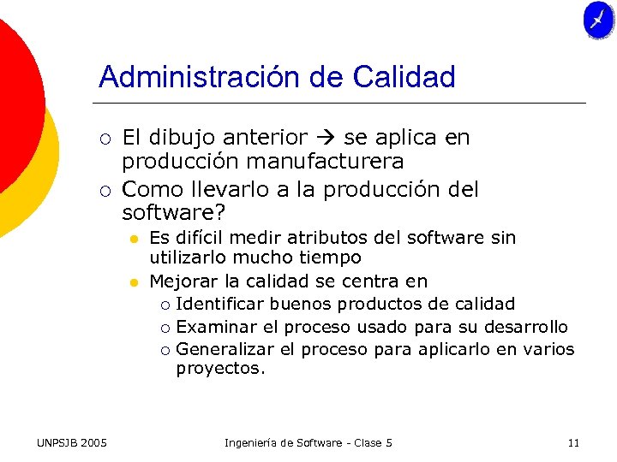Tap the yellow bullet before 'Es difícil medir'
click(135, 238)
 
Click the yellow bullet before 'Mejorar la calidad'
click(135, 281)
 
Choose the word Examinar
click(214, 327)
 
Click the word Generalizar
click(225, 349)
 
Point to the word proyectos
click(221, 370)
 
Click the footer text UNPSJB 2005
click(73, 442)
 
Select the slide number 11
click(573, 442)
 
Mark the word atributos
click(330, 238)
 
